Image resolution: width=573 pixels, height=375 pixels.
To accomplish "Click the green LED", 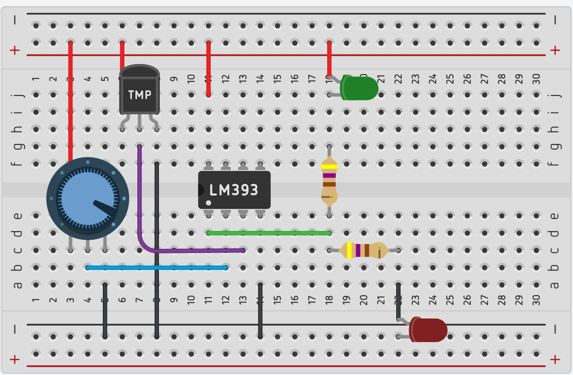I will (x=360, y=88).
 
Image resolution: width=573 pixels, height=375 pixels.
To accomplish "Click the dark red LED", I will (x=428, y=330).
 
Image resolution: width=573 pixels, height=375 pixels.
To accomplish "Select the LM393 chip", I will (x=234, y=190).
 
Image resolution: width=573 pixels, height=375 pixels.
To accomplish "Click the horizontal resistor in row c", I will (x=363, y=250).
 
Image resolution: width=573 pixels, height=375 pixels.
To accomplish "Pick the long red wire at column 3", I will (x=70, y=100).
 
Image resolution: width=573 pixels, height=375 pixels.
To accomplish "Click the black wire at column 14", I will (x=260, y=310).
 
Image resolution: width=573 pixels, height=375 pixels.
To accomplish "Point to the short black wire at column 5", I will (x=105, y=310).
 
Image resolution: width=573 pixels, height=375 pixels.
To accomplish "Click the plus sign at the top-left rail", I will (x=15, y=50).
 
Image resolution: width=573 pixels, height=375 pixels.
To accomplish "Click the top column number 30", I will (x=536, y=79).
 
